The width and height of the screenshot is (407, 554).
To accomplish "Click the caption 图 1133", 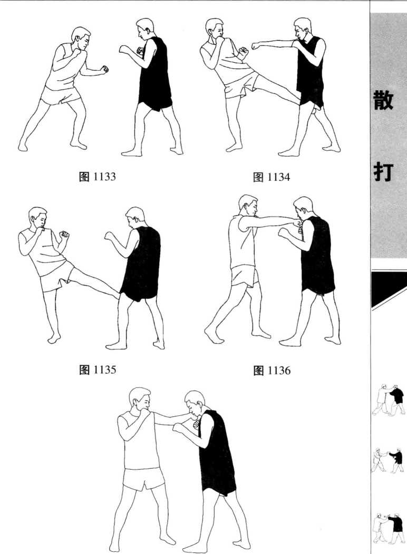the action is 97,176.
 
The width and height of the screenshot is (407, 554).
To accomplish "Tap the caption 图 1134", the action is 272,177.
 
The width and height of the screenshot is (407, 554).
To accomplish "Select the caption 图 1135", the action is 97,370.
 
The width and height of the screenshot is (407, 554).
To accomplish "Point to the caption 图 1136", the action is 272,370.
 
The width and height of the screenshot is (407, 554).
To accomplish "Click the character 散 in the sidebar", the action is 383,100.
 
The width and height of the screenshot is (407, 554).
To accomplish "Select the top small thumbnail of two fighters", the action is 388,400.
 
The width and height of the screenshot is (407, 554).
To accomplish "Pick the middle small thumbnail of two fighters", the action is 387,460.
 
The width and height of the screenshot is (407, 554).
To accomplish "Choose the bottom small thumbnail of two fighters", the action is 388,527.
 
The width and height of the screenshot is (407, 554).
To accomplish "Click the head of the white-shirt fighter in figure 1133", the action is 81,37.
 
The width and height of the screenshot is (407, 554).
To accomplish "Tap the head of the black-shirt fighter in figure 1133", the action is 144,29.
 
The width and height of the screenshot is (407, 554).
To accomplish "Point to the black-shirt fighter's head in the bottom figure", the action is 195,402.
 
